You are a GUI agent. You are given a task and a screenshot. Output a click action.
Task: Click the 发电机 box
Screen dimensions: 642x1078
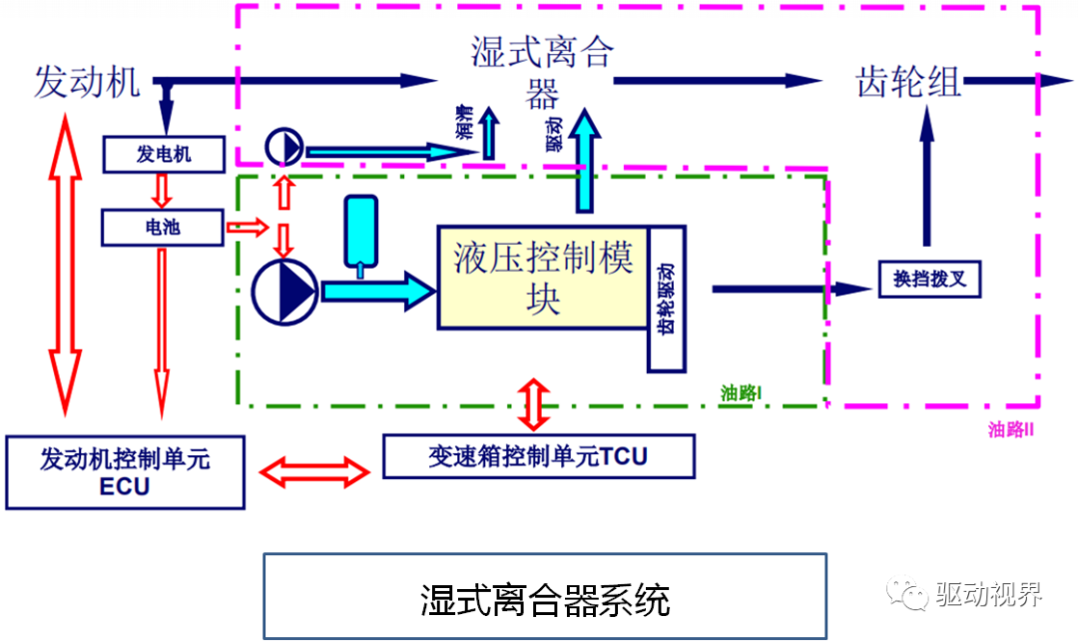[164, 154]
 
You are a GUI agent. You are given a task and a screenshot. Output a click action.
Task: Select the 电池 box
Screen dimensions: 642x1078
[161, 227]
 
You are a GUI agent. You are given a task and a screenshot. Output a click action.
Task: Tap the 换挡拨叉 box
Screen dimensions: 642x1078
[929, 279]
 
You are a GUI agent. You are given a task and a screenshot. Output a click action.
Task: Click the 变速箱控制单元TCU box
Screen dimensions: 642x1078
[538, 457]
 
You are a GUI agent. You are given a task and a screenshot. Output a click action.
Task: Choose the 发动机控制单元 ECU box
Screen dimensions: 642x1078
[125, 472]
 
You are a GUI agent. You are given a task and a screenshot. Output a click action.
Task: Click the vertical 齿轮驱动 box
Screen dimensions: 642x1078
[667, 299]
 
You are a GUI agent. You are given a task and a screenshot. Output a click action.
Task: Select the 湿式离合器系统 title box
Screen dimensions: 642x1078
[545, 597]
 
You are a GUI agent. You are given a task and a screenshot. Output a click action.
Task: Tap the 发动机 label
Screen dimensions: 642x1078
[87, 82]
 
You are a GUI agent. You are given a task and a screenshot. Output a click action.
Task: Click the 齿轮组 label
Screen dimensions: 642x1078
[908, 82]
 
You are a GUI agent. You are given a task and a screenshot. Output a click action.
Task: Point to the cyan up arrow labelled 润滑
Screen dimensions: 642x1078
[489, 130]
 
